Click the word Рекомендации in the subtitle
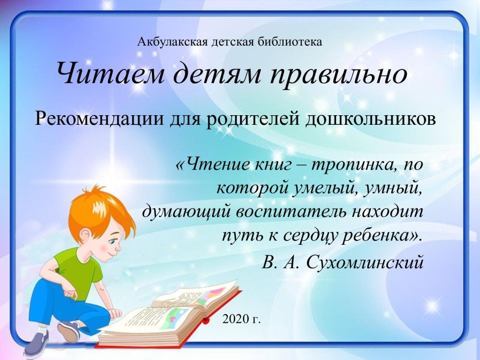(x=99, y=119)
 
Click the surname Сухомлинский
(x=365, y=263)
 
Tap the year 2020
(x=236, y=319)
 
